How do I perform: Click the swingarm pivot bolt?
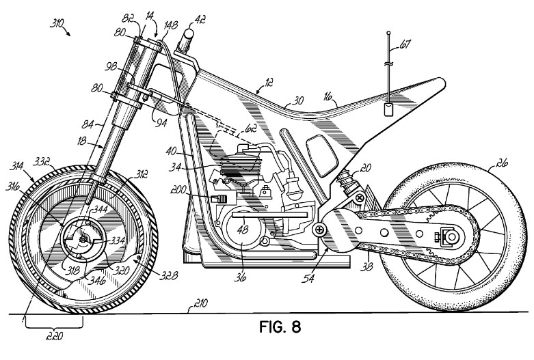[x=319, y=230]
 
